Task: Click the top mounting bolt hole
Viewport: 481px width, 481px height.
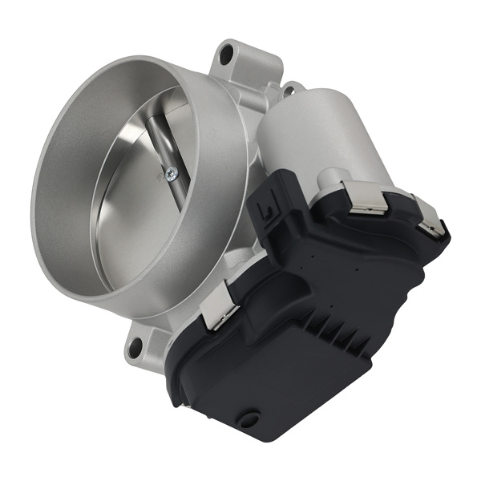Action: (x=227, y=55)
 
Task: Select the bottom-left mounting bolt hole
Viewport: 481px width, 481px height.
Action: (x=135, y=347)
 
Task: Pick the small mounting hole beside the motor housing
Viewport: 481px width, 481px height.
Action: (x=288, y=89)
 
